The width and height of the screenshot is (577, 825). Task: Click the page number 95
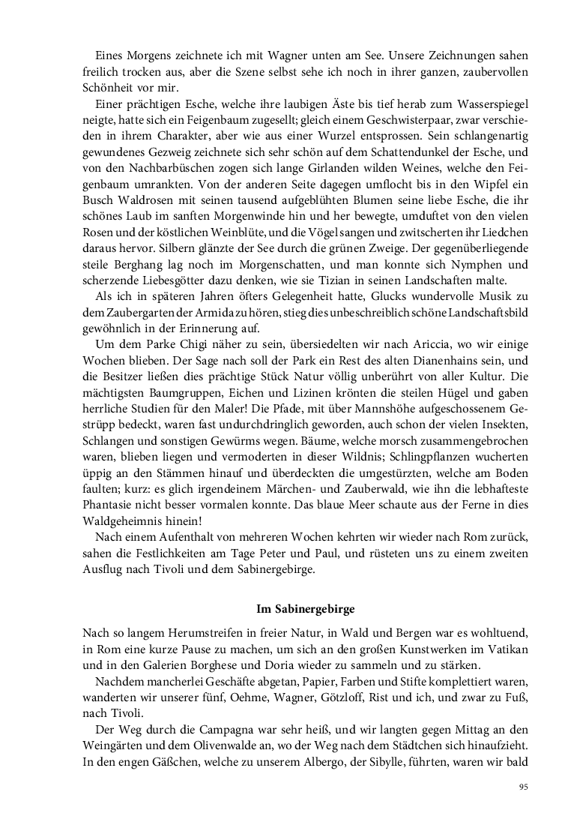point(524,787)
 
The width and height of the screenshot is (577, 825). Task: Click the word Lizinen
point(297,414)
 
